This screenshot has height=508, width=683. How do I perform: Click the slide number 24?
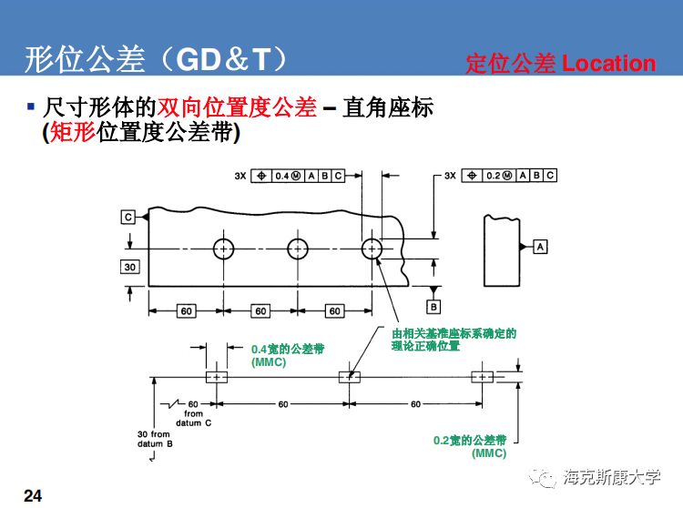[x=32, y=494]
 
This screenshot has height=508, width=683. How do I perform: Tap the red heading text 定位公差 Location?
[x=560, y=63]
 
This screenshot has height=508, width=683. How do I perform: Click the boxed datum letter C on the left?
[x=128, y=217]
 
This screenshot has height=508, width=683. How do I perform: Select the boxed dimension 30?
[x=130, y=266]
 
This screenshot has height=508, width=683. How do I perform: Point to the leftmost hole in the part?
[x=225, y=249]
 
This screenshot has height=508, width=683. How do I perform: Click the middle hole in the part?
[x=299, y=249]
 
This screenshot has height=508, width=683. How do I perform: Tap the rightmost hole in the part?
[x=372, y=249]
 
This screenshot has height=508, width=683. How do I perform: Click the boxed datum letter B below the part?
[x=433, y=307]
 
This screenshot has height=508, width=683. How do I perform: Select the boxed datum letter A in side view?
[x=540, y=247]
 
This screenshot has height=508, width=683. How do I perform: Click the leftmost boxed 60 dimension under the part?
[x=187, y=311]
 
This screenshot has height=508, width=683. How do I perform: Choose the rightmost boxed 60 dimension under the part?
[x=335, y=311]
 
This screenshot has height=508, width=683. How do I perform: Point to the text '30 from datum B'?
[x=154, y=439]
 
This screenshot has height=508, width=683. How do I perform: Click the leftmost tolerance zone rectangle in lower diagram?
[x=217, y=377]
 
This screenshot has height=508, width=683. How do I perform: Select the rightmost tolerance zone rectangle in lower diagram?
[x=482, y=377]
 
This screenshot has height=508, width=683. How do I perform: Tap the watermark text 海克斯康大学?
[x=611, y=475]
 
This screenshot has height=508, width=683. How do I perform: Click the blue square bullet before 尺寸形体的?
[x=31, y=107]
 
